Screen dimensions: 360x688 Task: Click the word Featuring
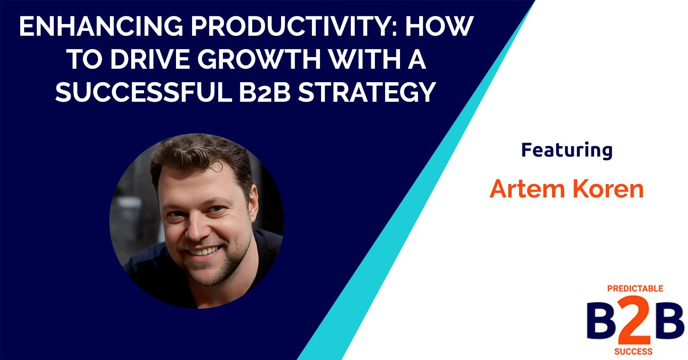(x=566, y=151)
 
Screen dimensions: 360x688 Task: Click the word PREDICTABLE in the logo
(x=635, y=289)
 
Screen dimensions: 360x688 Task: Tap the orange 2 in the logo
(x=636, y=323)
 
